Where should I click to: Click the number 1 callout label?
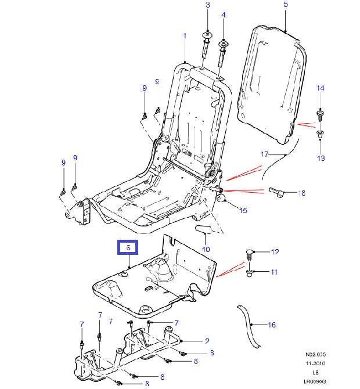click(185, 36)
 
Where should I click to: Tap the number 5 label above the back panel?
click(286, 5)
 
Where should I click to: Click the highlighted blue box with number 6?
click(128, 248)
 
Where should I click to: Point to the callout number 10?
click(206, 249)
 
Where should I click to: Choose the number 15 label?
click(243, 210)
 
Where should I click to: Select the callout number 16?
click(271, 325)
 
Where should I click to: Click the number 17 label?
click(264, 154)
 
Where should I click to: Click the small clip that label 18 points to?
click(277, 192)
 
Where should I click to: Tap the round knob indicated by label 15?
click(221, 200)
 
